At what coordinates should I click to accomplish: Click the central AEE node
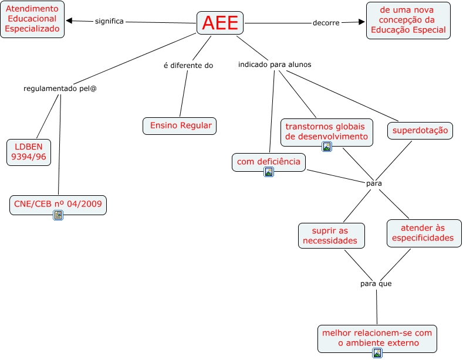coord(220,23)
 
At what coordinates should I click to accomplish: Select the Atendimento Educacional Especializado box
coord(33,19)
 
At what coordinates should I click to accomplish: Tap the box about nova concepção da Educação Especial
coord(408,20)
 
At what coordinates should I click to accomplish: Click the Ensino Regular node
coord(180,125)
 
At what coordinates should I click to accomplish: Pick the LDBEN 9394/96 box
coord(29,151)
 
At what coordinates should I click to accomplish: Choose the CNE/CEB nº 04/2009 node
coord(58,204)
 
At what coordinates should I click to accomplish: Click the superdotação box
coord(420,130)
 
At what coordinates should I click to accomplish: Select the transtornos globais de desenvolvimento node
coord(326,132)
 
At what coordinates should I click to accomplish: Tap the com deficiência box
coord(269,161)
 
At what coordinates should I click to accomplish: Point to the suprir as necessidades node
coord(331,236)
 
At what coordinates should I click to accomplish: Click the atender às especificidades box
coord(424,233)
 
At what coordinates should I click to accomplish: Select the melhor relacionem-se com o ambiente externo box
coord(377,338)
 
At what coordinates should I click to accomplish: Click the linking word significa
coord(109,21)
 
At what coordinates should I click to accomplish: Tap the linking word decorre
coord(326,23)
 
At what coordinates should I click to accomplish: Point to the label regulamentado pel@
coord(60,89)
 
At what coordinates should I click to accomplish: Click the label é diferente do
coord(188,65)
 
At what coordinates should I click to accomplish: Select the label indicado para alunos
coord(275,64)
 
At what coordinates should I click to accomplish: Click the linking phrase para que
coord(376,284)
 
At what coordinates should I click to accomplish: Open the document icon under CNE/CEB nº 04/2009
coord(58,215)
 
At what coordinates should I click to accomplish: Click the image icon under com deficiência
coord(269,172)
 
